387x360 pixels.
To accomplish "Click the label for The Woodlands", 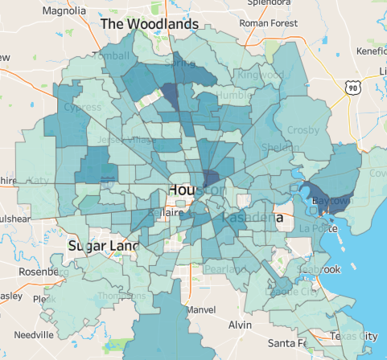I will (149, 24).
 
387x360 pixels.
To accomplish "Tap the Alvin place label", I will (240, 325).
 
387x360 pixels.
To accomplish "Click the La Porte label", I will (317, 228).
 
